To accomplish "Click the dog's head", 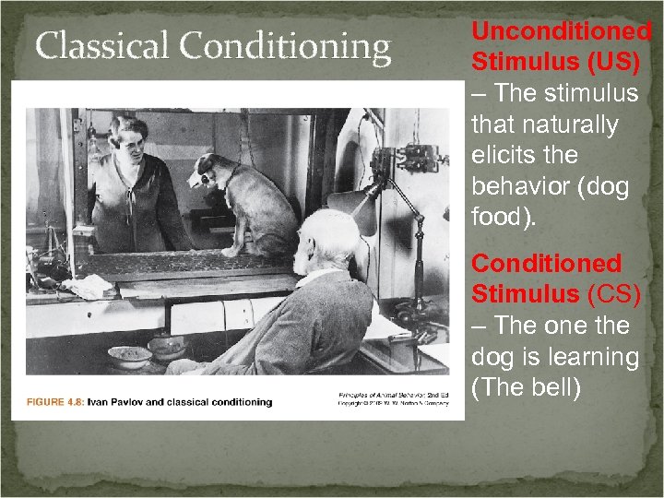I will coord(210,171).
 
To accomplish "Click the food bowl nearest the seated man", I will coord(168,348).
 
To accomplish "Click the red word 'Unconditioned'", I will coord(562,30).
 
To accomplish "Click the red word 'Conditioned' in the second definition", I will coord(547,264).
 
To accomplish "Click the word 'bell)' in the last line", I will coord(553,388).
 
